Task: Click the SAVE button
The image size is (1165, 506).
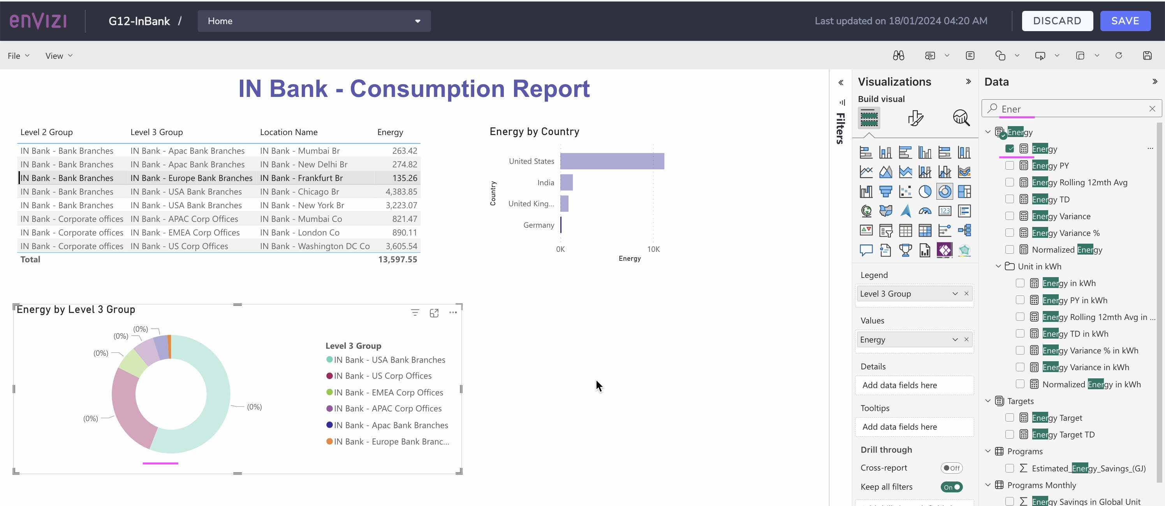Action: pyautogui.click(x=1125, y=21)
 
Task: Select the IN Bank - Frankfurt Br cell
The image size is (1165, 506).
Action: pyautogui.click(x=301, y=178)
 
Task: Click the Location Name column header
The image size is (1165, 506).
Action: pyautogui.click(x=289, y=132)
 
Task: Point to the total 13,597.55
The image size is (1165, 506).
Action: pyautogui.click(x=398, y=260)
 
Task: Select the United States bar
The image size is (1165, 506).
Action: pyautogui.click(x=612, y=161)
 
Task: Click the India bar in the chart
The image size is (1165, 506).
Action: pyautogui.click(x=566, y=182)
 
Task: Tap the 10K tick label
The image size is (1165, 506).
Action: pyautogui.click(x=653, y=249)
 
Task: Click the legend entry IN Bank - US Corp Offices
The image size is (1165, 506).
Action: pyautogui.click(x=382, y=376)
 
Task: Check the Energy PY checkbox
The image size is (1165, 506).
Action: pyautogui.click(x=1009, y=165)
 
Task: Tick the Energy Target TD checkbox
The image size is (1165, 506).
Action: pyautogui.click(x=1009, y=434)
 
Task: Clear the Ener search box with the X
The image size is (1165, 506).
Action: pyautogui.click(x=1152, y=109)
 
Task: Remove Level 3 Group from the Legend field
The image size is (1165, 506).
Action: pyautogui.click(x=966, y=293)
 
